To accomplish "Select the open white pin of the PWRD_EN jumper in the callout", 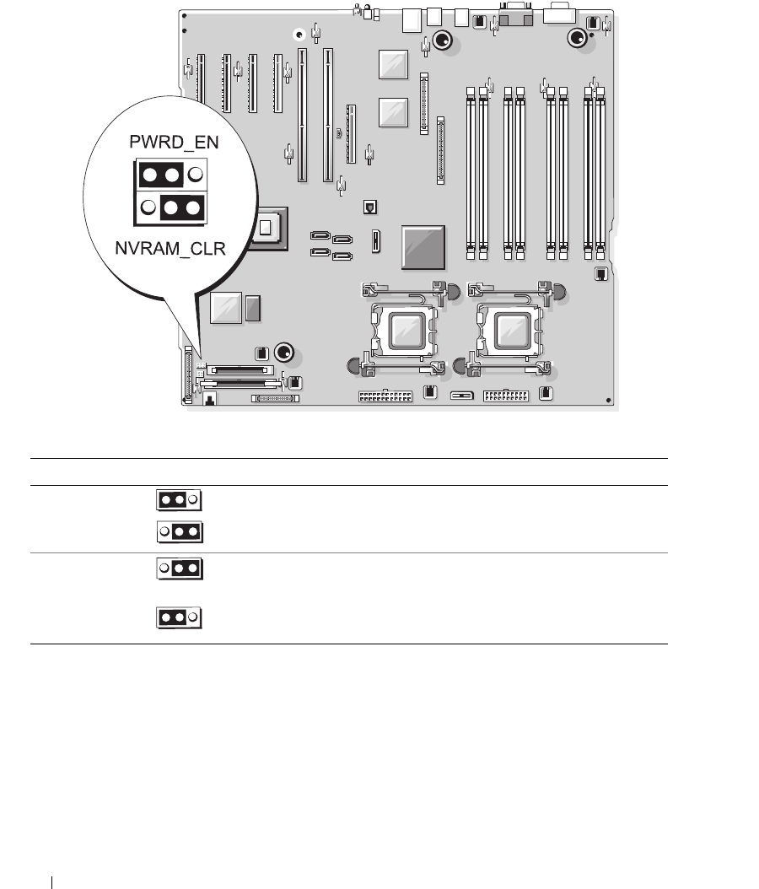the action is (x=195, y=175).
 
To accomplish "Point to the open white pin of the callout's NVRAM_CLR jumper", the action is (x=148, y=207).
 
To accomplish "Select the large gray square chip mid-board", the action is (x=423, y=246).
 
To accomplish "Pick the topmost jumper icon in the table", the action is (x=178, y=499).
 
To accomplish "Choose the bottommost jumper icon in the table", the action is (x=178, y=618).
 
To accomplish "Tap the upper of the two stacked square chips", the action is (x=394, y=65).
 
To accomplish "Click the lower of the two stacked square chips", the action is (x=394, y=112).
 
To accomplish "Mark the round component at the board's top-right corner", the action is (x=578, y=37).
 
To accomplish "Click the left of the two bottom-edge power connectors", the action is (x=385, y=396).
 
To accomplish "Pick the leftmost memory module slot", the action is (x=471, y=169).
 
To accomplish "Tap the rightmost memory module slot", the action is (x=600, y=169).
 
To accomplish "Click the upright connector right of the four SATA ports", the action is (x=376, y=241).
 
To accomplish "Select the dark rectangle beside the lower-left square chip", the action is (x=252, y=309).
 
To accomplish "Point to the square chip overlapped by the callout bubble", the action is (x=268, y=226).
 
